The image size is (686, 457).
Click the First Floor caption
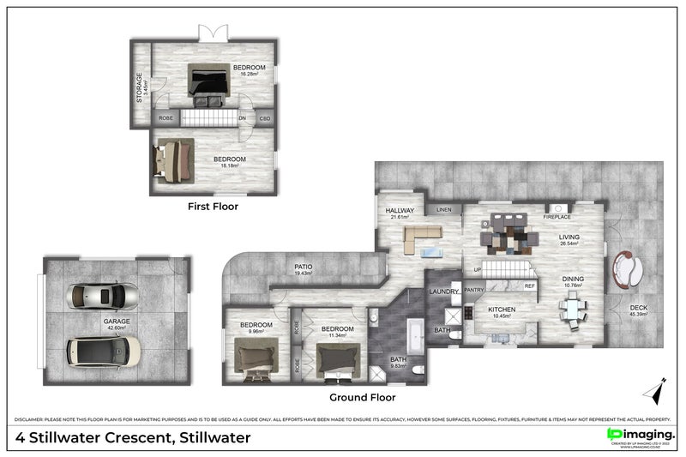point(213,207)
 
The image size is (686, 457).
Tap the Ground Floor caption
point(363,398)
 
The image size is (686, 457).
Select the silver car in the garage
point(103,296)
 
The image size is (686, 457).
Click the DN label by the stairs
point(243,118)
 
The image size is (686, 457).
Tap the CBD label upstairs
point(265,118)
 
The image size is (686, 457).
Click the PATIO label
point(304,267)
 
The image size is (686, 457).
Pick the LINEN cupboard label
point(443,209)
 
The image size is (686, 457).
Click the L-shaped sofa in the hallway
point(415,239)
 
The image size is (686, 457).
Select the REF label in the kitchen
point(529,286)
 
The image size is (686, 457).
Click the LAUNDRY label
point(445,292)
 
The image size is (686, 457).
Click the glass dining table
point(572,308)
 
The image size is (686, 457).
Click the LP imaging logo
point(640,435)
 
